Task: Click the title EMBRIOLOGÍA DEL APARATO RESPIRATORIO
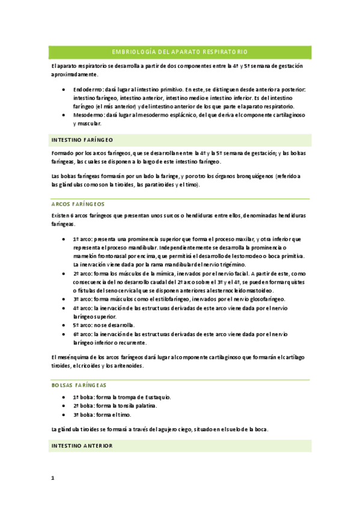coord(180,52)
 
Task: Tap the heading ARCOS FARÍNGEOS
coord(79,204)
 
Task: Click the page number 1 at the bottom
coord(52,478)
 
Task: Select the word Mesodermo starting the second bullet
coord(87,114)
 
